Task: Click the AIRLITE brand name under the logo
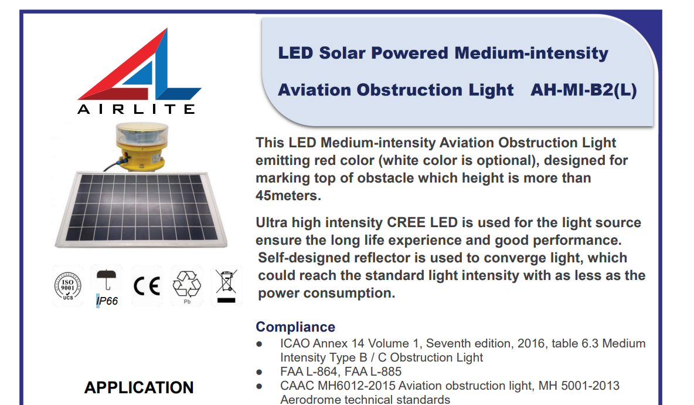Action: [x=137, y=109]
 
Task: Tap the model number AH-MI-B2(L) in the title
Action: [x=583, y=90]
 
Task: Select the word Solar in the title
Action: [x=340, y=53]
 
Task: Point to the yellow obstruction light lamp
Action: [x=142, y=146]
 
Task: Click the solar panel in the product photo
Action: [x=141, y=209]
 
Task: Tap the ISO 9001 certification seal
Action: [x=68, y=286]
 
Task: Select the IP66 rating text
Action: [x=107, y=301]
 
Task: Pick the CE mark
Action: [x=147, y=286]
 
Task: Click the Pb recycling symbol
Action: [x=187, y=286]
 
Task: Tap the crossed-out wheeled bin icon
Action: [x=226, y=285]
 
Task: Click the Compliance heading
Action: [x=295, y=327]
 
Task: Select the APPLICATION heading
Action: [x=139, y=388]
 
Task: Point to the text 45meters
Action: [x=288, y=195]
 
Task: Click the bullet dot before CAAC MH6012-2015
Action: [x=259, y=386]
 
